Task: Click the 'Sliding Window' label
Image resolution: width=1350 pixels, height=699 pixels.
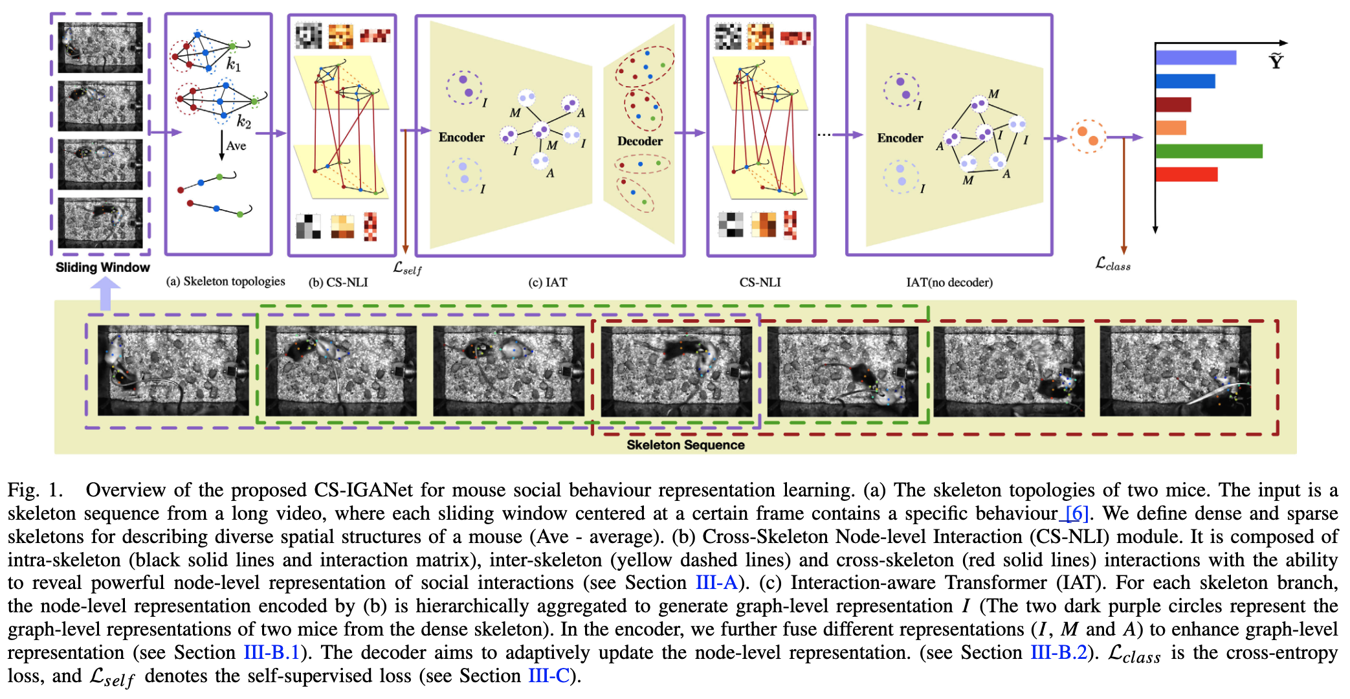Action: click(x=102, y=267)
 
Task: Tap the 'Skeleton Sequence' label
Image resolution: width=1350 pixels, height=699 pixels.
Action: click(x=685, y=445)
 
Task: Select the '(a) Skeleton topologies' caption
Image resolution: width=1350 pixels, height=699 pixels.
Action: click(x=225, y=282)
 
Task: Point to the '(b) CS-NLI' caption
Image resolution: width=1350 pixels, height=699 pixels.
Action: click(x=338, y=282)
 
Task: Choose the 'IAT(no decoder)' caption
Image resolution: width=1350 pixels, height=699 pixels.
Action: click(x=949, y=282)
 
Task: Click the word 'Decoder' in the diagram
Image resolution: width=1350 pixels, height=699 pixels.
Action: click(x=639, y=141)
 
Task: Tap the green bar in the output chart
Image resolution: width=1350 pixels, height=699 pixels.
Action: click(x=1208, y=151)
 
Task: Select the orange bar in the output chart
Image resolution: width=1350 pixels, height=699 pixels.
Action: click(x=1170, y=128)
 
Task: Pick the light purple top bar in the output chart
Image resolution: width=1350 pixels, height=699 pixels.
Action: click(x=1195, y=58)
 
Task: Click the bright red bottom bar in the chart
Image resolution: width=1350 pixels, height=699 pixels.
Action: click(x=1186, y=174)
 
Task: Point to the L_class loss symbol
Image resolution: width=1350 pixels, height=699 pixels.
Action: click(x=1112, y=264)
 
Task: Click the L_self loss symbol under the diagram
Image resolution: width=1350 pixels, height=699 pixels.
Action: click(x=407, y=269)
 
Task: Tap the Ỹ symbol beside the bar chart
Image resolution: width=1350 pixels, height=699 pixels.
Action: click(x=1276, y=61)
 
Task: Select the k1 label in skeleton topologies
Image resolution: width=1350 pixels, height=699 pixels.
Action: click(x=234, y=65)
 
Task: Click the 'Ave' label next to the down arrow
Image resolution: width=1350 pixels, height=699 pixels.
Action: click(x=236, y=146)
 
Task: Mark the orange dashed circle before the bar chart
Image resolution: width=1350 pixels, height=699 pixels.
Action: click(x=1087, y=137)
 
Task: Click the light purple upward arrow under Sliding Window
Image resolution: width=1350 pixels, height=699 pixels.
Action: click(x=105, y=294)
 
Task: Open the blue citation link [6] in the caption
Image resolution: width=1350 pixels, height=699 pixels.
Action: click(x=1076, y=513)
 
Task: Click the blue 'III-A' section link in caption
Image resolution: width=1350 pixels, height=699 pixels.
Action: click(x=716, y=582)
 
